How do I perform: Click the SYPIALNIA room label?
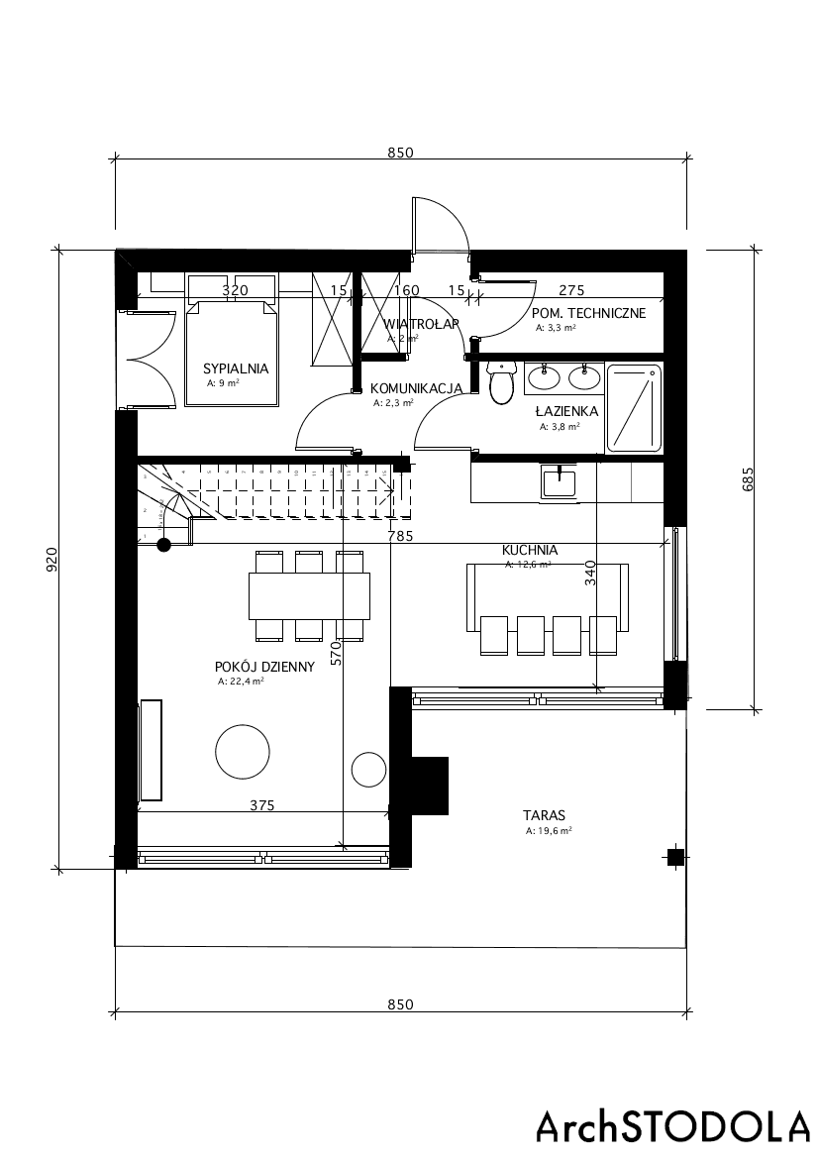click(x=237, y=367)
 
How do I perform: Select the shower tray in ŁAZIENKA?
click(x=634, y=407)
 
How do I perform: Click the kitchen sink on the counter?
click(x=559, y=481)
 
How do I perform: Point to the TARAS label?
click(x=545, y=815)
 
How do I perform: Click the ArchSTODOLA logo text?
click(x=672, y=1126)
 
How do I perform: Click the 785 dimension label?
click(x=401, y=536)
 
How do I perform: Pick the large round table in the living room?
click(x=243, y=752)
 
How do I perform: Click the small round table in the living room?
click(x=368, y=769)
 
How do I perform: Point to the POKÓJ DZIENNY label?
click(x=263, y=667)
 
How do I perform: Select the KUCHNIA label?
click(x=530, y=550)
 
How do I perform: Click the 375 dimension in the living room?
click(x=261, y=805)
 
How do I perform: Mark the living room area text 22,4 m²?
click(x=241, y=682)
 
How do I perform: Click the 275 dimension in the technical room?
click(x=571, y=290)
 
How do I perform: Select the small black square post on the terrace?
click(x=674, y=857)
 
